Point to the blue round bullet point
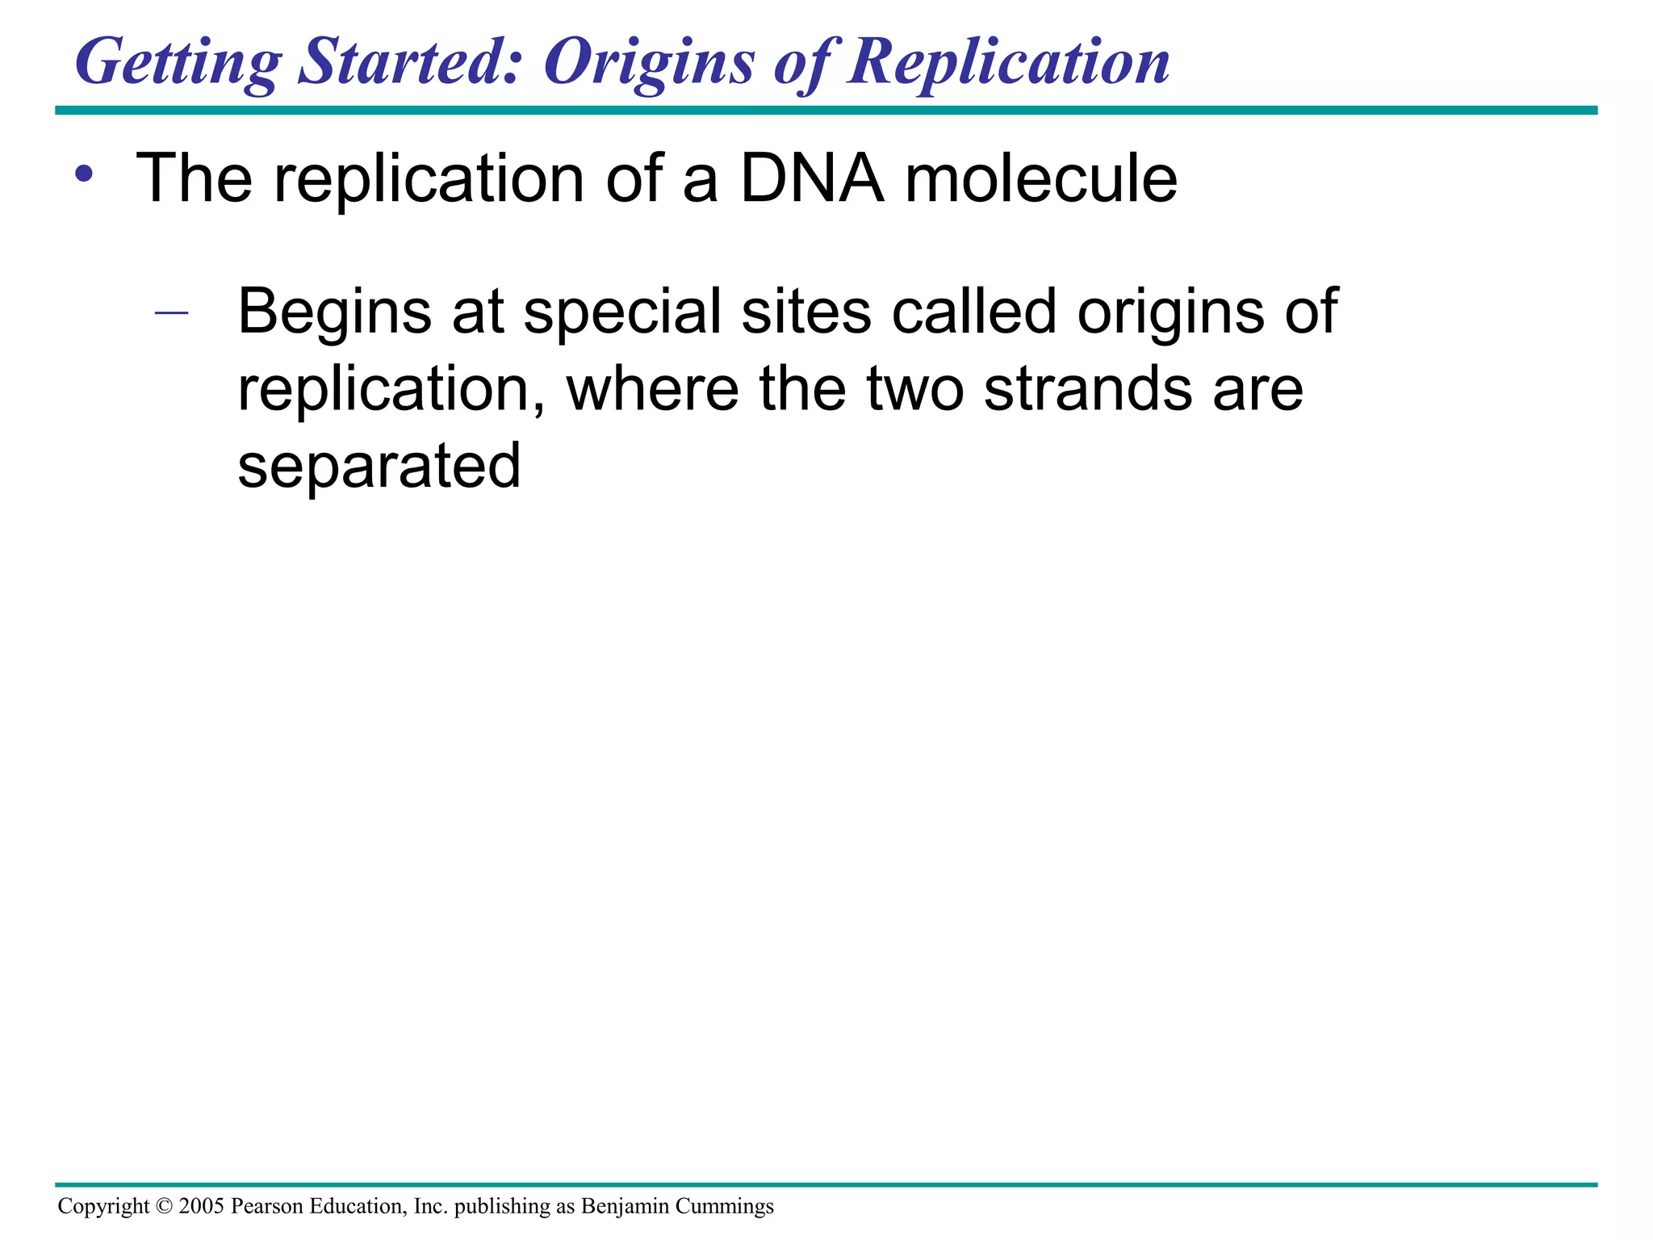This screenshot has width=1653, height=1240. (x=84, y=174)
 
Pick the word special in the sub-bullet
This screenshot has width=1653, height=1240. (x=621, y=313)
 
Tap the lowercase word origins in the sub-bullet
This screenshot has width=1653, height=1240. (x=1170, y=313)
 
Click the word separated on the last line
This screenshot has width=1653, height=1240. (x=379, y=467)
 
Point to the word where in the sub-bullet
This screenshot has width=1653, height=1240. (x=652, y=388)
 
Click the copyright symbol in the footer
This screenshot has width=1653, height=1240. (x=164, y=1206)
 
